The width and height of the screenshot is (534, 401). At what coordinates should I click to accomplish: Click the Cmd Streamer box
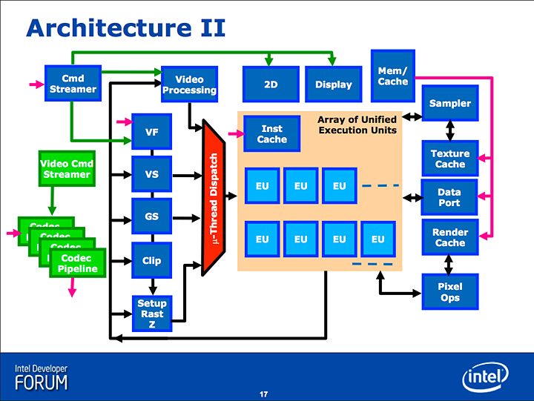point(73,84)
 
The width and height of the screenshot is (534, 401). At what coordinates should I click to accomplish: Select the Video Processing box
point(189,84)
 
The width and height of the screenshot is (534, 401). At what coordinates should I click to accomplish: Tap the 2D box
point(271,84)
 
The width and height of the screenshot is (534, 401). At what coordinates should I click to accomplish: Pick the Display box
point(333,84)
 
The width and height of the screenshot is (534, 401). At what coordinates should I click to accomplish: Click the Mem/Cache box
point(392,76)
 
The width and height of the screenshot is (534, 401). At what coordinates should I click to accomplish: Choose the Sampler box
point(449,103)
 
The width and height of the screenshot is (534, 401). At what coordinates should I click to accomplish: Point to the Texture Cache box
point(449,159)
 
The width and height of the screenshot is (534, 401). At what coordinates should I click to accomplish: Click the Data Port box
point(449,197)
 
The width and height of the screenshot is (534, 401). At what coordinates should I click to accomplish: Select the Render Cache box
point(449,237)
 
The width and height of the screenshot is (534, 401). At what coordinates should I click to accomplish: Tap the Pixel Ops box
point(449,292)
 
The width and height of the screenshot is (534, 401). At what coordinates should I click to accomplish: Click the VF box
point(151,133)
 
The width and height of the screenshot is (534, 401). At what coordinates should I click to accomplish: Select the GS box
point(151,217)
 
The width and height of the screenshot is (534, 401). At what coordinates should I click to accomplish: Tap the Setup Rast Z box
point(151,314)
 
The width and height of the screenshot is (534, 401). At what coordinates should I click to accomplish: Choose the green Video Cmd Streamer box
point(65,169)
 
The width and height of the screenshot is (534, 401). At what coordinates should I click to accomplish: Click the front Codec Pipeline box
point(78,263)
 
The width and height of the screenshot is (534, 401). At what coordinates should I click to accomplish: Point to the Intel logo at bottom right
point(486,377)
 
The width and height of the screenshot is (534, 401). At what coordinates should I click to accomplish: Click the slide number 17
point(263,393)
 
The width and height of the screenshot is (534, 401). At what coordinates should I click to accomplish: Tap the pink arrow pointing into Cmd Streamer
point(36,84)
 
